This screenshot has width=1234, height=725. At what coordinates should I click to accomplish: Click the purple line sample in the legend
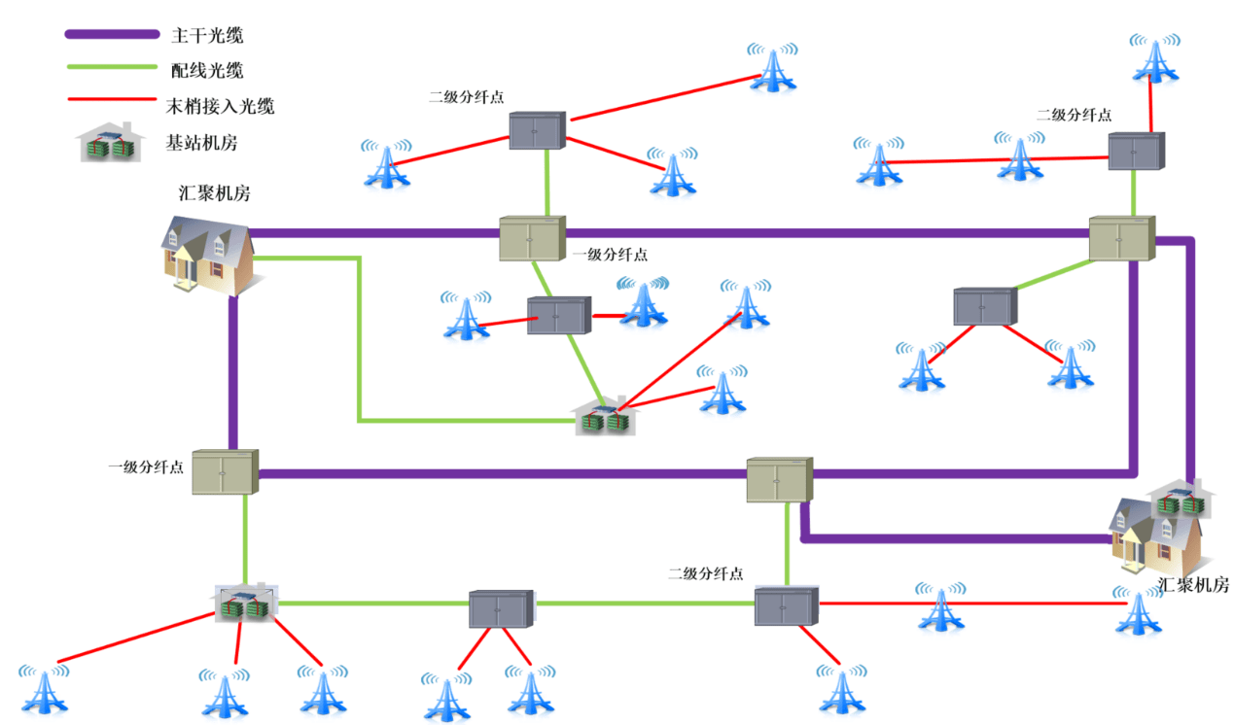click(x=111, y=35)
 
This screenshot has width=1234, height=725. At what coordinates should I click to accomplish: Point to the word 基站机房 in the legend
click(x=201, y=143)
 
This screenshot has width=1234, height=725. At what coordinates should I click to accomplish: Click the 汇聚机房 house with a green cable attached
click(x=207, y=254)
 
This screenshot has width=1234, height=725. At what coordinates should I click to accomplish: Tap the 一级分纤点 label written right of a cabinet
click(x=610, y=255)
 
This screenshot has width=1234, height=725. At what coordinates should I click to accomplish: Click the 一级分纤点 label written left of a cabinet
click(x=146, y=467)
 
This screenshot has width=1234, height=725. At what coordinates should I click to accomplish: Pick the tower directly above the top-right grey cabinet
click(x=1154, y=57)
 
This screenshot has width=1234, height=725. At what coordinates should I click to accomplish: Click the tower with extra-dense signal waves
click(x=644, y=300)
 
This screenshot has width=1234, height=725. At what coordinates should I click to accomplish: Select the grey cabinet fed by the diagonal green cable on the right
click(x=984, y=307)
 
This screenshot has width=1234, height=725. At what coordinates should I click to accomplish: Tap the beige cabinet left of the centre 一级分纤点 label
click(x=532, y=239)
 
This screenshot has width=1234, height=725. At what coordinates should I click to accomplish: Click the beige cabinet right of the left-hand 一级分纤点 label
click(x=224, y=471)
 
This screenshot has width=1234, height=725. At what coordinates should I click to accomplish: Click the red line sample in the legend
click(x=111, y=99)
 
